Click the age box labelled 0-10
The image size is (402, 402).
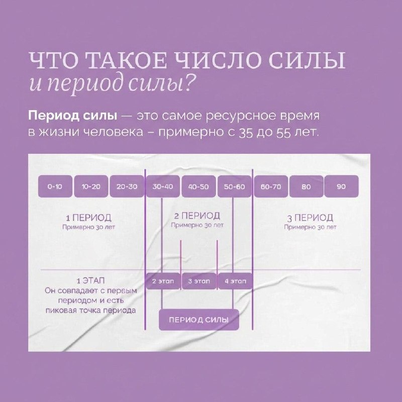(55, 186)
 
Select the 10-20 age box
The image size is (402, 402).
(90, 186)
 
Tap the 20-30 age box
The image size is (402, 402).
(126, 186)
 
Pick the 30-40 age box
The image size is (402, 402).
(162, 186)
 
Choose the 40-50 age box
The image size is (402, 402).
(198, 186)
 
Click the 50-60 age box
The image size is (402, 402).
(234, 186)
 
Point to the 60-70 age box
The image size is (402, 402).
(271, 186)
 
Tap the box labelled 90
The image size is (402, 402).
(341, 186)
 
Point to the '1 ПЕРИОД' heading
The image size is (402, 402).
(88, 218)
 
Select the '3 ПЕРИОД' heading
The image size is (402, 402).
(310, 218)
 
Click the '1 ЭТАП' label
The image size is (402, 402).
(88, 280)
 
